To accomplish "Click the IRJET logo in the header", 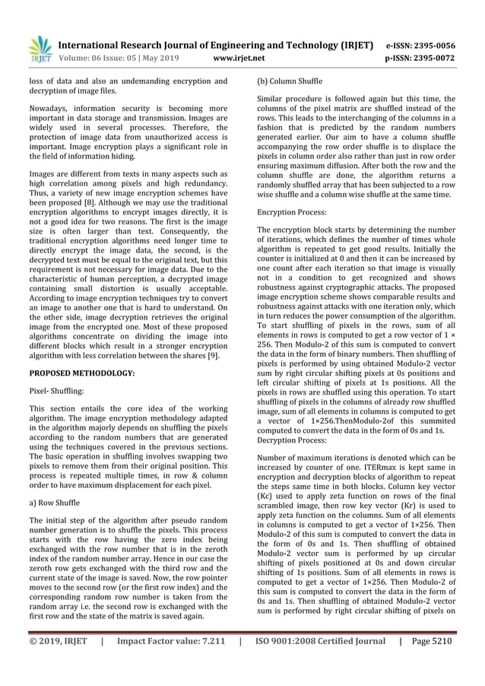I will coord(39,48).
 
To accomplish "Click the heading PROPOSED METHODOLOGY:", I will coord(82,373).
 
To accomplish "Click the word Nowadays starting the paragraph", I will coord(50,107).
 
